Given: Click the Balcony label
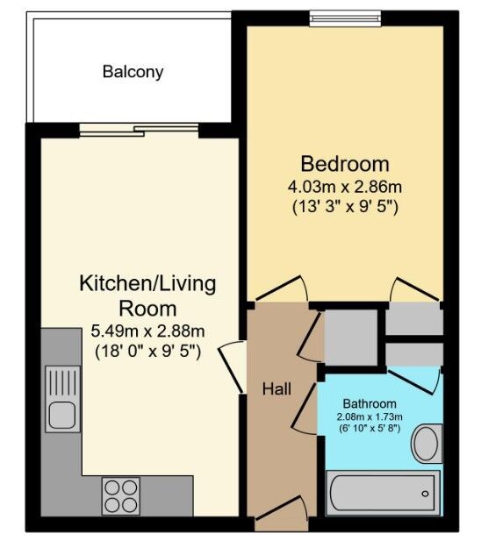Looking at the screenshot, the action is click(133, 72).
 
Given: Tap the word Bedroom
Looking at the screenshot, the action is click(345, 164).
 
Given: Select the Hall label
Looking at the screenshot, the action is click(276, 389).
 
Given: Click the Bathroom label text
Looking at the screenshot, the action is click(370, 403).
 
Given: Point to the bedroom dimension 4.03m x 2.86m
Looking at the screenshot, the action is click(345, 187).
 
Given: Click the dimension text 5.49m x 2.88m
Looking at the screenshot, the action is click(147, 331).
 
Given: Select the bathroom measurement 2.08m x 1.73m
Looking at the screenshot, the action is click(370, 416).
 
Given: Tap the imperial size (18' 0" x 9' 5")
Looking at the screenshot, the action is click(147, 351).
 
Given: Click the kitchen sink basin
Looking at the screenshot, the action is click(62, 416).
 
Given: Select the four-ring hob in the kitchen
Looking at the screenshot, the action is click(120, 496).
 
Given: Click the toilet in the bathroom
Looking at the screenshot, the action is click(427, 444).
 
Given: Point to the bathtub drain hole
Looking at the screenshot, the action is click(425, 494).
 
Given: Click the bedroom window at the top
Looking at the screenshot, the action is click(345, 18).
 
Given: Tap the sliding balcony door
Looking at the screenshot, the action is click(139, 130).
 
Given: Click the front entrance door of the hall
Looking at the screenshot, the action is click(282, 514).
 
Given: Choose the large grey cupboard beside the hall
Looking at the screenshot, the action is click(351, 338).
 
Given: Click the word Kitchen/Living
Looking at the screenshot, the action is click(147, 284).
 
